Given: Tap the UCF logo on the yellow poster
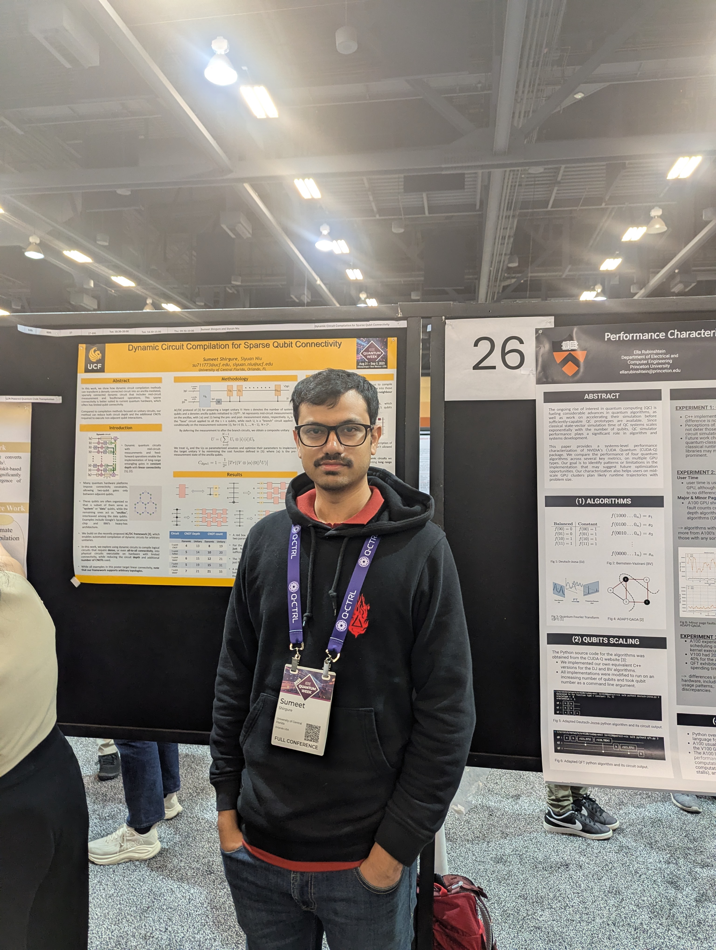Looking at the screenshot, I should click(x=95, y=357).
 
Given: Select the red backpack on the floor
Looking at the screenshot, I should click(x=456, y=910).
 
